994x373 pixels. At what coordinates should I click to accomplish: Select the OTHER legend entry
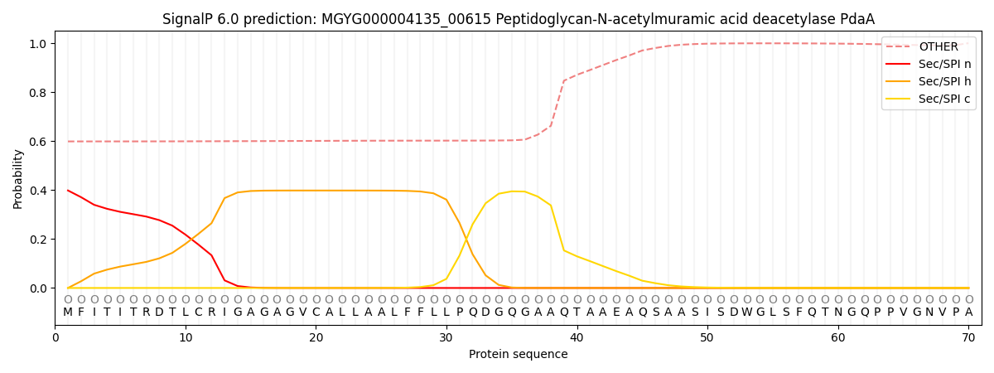[x=938, y=47]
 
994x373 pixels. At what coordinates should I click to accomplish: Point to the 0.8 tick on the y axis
[x=38, y=93]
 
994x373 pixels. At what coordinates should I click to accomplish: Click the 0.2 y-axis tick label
[x=38, y=240]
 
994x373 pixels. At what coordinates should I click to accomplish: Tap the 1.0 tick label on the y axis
[x=38, y=44]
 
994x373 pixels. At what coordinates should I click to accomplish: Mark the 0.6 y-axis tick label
[x=38, y=142]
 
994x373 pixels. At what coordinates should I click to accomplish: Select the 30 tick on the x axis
[x=446, y=337]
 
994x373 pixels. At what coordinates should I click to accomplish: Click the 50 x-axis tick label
[x=707, y=337]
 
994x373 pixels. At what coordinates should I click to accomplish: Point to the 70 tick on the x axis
[x=968, y=337]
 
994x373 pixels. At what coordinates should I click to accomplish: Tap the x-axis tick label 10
[x=186, y=337]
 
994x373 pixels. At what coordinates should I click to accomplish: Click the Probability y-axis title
[x=18, y=178]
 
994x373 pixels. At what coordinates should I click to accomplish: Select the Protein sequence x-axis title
[x=518, y=355]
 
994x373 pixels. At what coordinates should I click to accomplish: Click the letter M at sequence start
[x=68, y=312]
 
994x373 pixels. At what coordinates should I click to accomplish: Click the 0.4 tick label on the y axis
[x=38, y=191]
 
